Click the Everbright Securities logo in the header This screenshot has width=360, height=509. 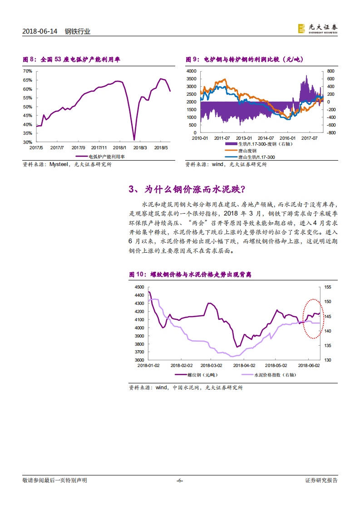click(x=317, y=29)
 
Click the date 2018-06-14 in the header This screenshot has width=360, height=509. click(x=40, y=31)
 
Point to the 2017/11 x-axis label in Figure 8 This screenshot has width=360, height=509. click(x=99, y=147)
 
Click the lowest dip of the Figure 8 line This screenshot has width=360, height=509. click(x=134, y=140)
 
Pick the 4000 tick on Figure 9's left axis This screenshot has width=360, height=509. click(x=191, y=71)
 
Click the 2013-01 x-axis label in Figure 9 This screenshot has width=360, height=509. click(x=244, y=138)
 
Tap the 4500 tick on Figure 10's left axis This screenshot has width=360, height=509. click(x=139, y=287)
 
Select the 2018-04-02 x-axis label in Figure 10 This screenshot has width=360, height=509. click(x=244, y=365)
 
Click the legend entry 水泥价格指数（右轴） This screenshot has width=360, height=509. click(x=271, y=375)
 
